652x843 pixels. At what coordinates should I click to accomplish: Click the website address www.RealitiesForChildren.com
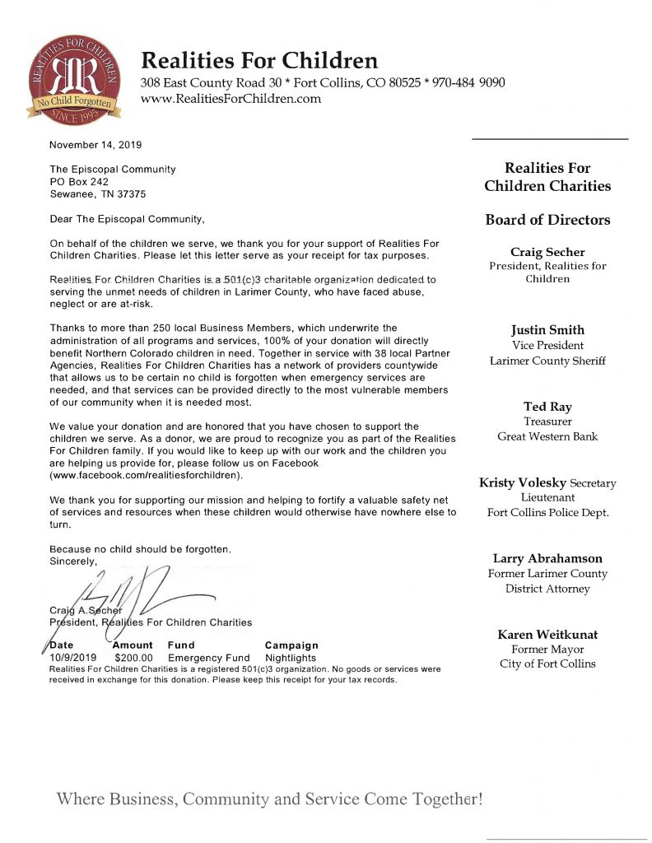[x=231, y=99]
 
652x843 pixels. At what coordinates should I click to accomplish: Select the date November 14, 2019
[x=95, y=145]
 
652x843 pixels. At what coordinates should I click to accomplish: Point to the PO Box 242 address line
[x=79, y=182]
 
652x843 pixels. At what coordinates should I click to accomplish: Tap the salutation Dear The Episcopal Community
[x=127, y=220]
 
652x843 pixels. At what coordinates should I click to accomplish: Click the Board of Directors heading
[x=547, y=220]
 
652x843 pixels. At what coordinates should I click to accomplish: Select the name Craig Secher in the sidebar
[x=547, y=252]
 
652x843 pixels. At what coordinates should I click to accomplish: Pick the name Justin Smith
[x=547, y=330]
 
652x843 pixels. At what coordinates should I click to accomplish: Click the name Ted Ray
[x=547, y=407]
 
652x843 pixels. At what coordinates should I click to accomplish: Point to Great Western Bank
[x=547, y=436]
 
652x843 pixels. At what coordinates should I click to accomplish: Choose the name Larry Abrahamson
[x=547, y=558]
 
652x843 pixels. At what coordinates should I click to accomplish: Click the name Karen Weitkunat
[x=547, y=635]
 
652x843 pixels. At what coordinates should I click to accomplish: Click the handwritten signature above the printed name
[x=132, y=593]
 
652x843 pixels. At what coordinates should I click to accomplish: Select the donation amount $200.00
[x=133, y=659]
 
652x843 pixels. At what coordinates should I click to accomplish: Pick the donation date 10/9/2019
[x=73, y=659]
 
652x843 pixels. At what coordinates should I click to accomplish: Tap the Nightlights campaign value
[x=291, y=659]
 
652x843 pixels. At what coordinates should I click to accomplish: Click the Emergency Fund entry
[x=208, y=659]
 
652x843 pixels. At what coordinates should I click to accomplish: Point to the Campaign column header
[x=291, y=645]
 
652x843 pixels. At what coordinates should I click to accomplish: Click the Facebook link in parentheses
[x=147, y=476]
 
